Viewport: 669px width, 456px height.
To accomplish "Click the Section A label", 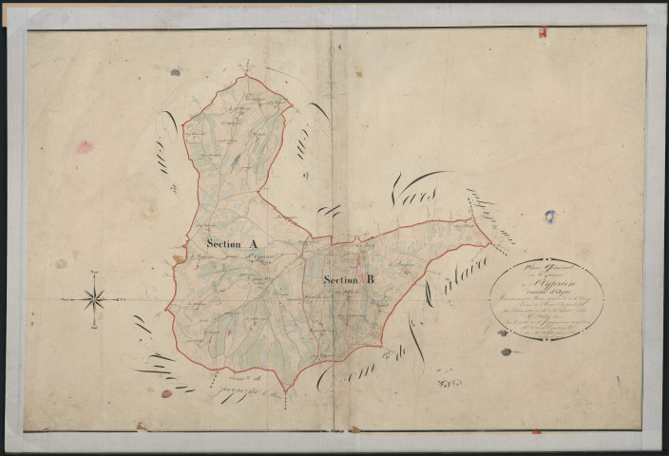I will pyautogui.click(x=232, y=244).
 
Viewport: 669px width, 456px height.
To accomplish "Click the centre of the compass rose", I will pyautogui.click(x=94, y=300).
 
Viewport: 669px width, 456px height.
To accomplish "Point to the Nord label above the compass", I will pyautogui.click(x=94, y=273).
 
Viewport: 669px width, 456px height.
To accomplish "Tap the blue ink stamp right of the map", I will pyautogui.click(x=550, y=217).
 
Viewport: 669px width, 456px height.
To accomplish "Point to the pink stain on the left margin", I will pyautogui.click(x=85, y=146).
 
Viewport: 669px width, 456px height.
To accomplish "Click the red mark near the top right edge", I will pyautogui.click(x=542, y=32).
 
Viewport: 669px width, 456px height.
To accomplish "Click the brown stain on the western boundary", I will pyautogui.click(x=178, y=256).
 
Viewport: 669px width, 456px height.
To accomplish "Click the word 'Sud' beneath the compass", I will pyautogui.click(x=94, y=328).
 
